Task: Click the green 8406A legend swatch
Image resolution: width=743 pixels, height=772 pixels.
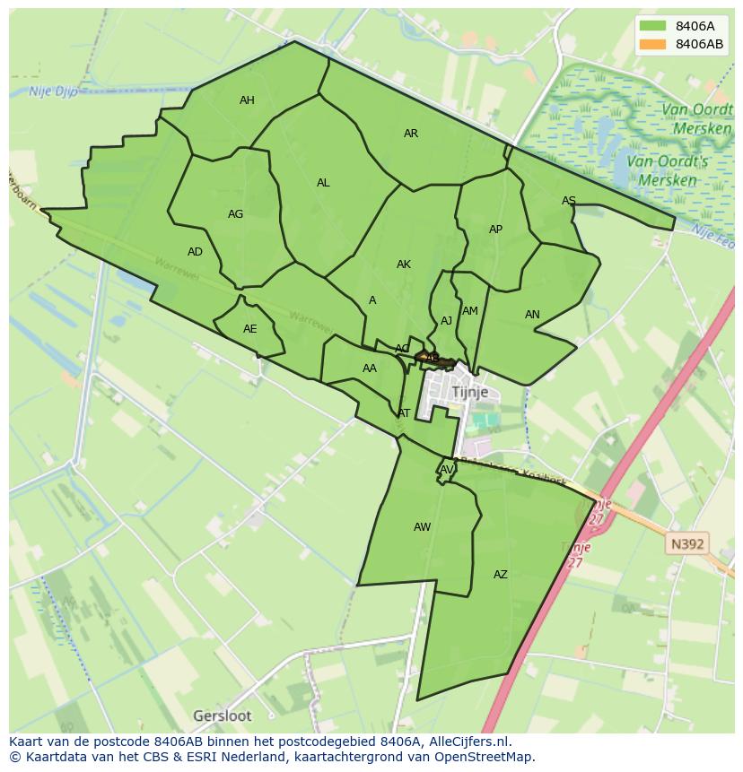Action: point(653,26)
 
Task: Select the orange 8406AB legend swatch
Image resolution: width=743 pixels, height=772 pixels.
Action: point(653,44)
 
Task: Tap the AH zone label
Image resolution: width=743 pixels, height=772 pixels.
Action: point(247,100)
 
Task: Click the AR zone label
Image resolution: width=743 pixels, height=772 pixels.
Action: point(411,134)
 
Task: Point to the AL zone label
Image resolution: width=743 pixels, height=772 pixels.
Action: point(323,183)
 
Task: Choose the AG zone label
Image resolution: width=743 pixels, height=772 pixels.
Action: point(235,214)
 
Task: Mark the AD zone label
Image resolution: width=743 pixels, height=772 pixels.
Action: point(195,252)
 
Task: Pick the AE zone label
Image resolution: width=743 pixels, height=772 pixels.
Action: point(250,329)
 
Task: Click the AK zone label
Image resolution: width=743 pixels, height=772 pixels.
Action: point(404,265)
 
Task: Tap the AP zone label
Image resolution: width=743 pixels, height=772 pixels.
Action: point(495,230)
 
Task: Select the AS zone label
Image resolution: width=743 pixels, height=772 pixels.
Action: point(569,201)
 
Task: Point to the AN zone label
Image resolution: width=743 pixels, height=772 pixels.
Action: point(532,315)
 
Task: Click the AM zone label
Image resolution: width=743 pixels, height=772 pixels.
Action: point(470,311)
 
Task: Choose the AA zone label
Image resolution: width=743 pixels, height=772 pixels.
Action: point(370,369)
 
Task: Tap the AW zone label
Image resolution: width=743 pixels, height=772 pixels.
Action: point(422,527)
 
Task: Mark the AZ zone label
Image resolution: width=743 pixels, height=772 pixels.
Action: point(501,575)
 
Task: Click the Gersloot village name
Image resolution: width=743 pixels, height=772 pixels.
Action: point(223,716)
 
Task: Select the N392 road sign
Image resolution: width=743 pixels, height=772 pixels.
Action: point(687,543)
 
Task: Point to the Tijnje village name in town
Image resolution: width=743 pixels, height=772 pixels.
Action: point(470,393)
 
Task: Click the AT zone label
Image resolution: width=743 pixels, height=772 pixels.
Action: point(404,413)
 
